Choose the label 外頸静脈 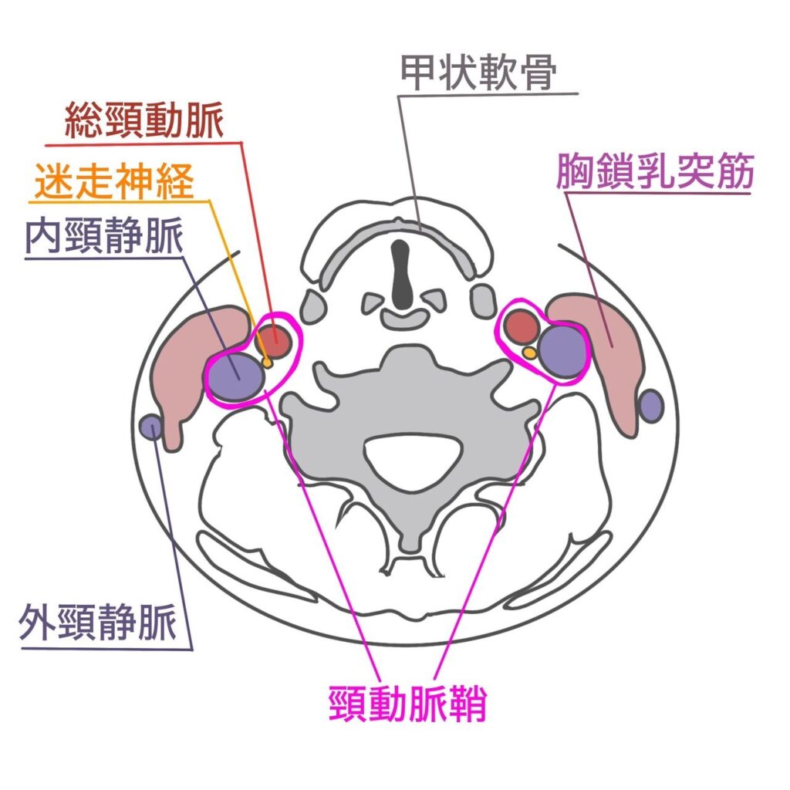[97, 623]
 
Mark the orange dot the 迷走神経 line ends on [267, 362]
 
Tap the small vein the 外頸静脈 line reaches [152, 426]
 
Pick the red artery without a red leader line [524, 327]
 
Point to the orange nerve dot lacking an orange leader [529, 352]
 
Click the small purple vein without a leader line [652, 405]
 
